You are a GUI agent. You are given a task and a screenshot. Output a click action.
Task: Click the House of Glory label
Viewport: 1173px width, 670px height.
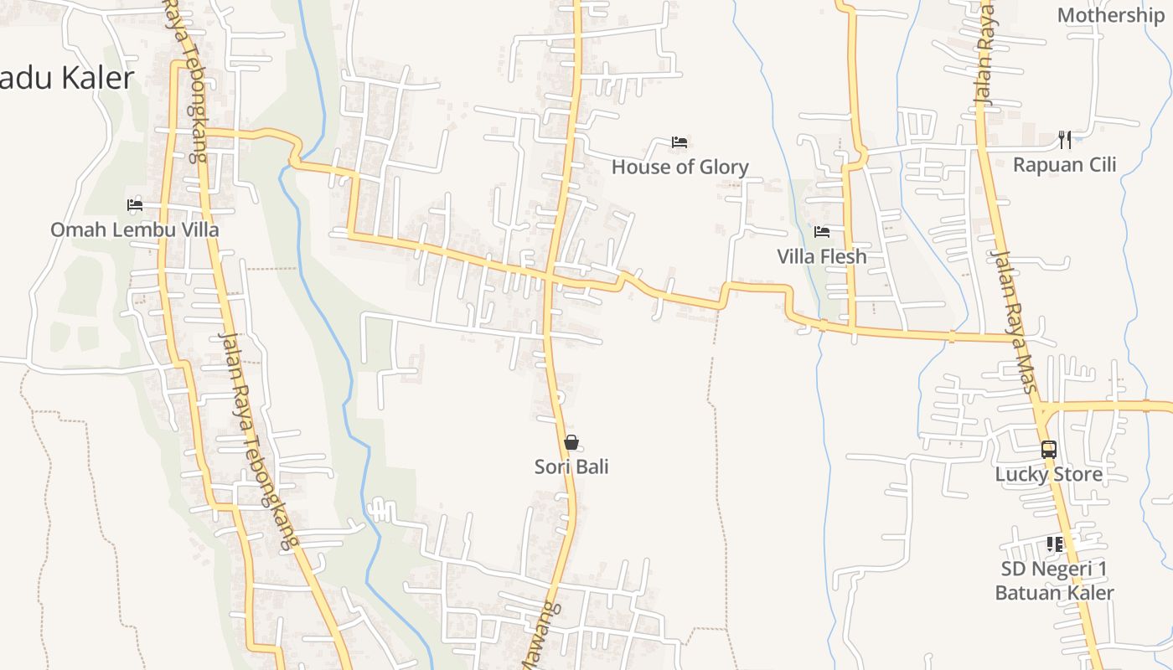click(x=680, y=167)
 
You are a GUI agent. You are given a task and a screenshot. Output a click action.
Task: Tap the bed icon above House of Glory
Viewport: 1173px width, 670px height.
click(x=680, y=142)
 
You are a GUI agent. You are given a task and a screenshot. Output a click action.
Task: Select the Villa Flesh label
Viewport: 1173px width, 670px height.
click(x=821, y=256)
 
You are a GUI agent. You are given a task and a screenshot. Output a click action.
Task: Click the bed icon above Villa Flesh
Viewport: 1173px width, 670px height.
click(x=821, y=232)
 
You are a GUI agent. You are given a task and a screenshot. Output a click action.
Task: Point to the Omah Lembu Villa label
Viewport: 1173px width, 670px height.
click(x=134, y=229)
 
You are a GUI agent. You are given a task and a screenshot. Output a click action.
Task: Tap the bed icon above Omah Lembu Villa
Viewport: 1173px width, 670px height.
click(x=134, y=204)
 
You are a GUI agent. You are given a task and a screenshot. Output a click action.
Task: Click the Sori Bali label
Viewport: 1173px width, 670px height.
click(x=571, y=466)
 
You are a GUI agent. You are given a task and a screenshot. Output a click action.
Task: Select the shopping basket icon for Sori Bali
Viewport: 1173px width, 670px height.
click(x=571, y=442)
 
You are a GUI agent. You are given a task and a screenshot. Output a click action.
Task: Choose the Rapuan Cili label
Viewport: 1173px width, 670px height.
click(x=1064, y=164)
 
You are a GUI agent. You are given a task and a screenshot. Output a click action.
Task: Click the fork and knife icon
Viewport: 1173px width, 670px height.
click(x=1064, y=139)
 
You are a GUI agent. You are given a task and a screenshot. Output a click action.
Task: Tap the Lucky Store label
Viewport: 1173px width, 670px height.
click(x=1048, y=474)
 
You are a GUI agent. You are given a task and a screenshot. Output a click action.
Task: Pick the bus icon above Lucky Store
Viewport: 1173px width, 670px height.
click(x=1048, y=450)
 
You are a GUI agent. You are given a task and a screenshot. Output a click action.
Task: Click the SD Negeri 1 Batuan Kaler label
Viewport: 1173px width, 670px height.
click(x=1054, y=581)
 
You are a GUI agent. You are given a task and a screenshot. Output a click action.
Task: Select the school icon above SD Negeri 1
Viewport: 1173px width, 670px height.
click(x=1054, y=544)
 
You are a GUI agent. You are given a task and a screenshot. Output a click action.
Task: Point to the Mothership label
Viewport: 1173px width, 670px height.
click(x=1110, y=15)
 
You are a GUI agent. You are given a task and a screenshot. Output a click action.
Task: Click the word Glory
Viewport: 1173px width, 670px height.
click(x=723, y=167)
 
